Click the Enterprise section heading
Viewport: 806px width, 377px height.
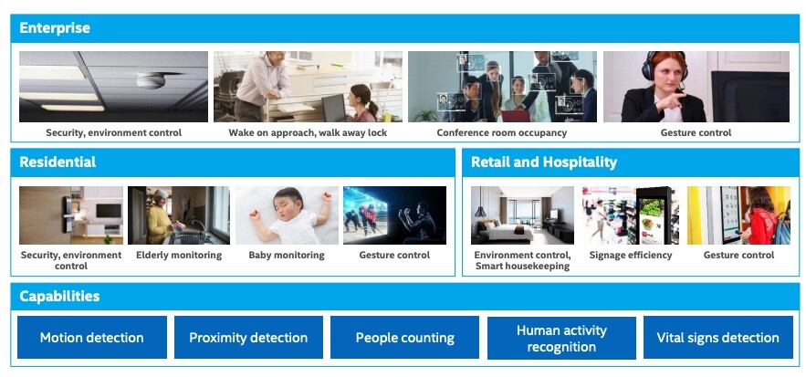click(x=55, y=27)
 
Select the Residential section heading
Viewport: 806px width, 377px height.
click(x=58, y=162)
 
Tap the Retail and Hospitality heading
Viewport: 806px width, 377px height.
click(x=544, y=162)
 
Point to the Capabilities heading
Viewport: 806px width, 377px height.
click(x=59, y=297)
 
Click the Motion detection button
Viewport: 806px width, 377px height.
click(x=92, y=338)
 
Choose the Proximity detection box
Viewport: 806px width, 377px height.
click(x=249, y=338)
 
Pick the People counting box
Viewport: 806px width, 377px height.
click(x=405, y=338)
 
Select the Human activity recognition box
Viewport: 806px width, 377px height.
click(x=561, y=338)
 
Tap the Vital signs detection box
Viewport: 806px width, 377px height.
click(x=718, y=338)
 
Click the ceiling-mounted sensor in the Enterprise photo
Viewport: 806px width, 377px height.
click(x=152, y=80)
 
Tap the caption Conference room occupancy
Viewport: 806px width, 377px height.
click(x=502, y=132)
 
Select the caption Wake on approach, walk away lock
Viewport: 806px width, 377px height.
click(x=308, y=132)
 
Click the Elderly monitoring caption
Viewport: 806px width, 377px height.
click(x=179, y=255)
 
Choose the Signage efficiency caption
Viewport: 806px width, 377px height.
click(x=631, y=255)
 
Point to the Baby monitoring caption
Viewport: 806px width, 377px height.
click(x=287, y=255)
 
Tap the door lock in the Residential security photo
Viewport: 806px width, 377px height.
click(x=68, y=214)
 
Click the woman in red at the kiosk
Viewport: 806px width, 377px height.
click(x=759, y=216)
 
